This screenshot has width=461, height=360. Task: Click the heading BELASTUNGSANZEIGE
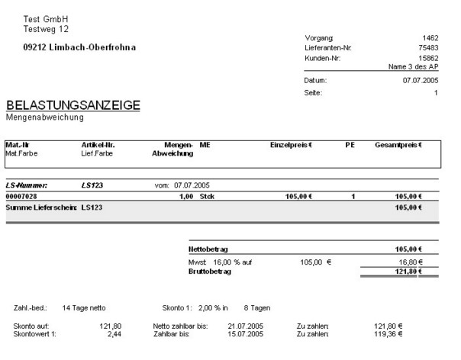tap(73, 106)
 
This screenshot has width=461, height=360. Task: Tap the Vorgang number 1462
tap(430, 37)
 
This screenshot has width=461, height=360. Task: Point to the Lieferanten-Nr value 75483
tap(427, 47)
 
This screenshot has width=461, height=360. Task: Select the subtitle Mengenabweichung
tap(44, 117)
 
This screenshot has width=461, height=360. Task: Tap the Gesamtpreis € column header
tap(398, 144)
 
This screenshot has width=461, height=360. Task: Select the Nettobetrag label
tap(210, 249)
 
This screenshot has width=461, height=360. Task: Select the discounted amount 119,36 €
tap(388, 333)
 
